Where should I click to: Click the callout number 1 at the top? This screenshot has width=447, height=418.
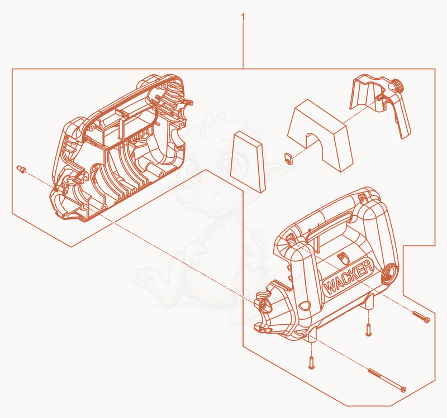coord(243,17)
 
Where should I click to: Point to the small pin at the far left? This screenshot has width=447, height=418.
coord(21,169)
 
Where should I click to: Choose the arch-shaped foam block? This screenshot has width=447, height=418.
coord(320,136)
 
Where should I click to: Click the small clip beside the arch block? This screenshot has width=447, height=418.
coord(288,158)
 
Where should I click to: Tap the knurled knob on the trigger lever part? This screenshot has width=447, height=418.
coord(399,85)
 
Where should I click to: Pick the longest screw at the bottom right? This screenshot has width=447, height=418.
coord(387,380)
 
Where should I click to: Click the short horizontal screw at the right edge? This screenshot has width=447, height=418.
coord(421,316)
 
